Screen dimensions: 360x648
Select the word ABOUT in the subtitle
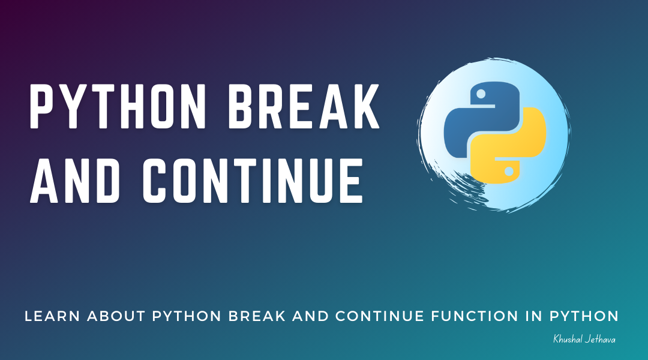pyautogui.click(x=117, y=316)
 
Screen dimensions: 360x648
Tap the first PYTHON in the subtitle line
pyautogui.click(x=183, y=316)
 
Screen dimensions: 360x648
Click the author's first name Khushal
pyautogui.click(x=568, y=340)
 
